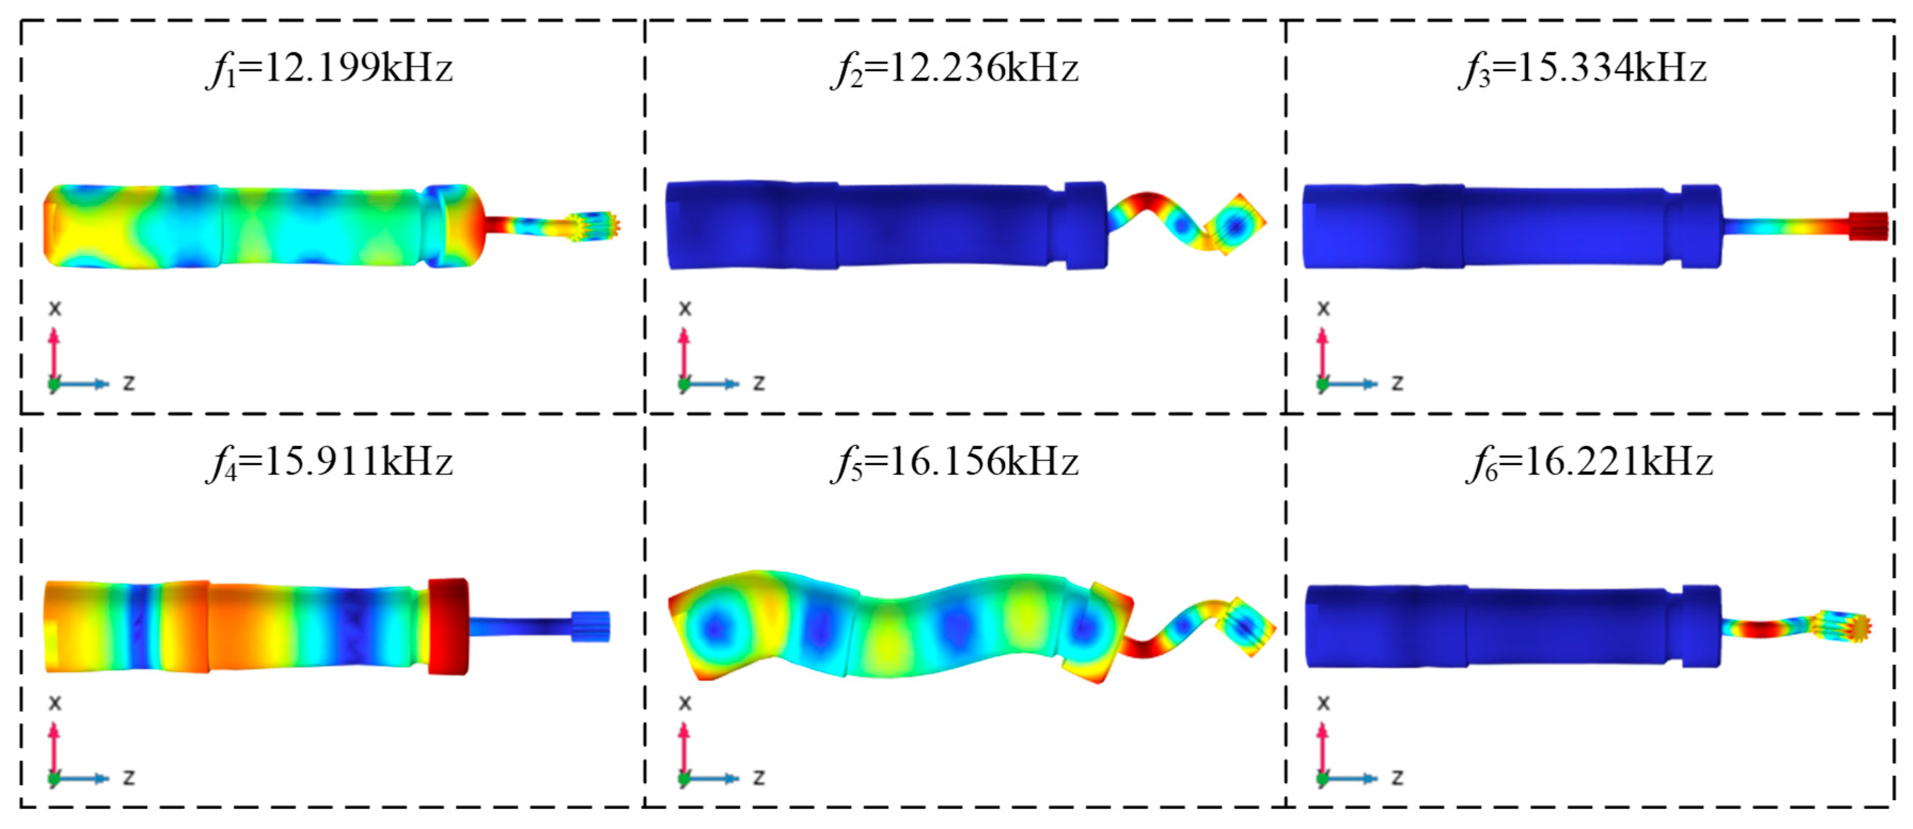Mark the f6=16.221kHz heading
[1590, 463]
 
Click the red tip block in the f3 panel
[1868, 226]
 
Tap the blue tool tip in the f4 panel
[591, 627]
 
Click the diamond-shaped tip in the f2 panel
[1234, 224]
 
